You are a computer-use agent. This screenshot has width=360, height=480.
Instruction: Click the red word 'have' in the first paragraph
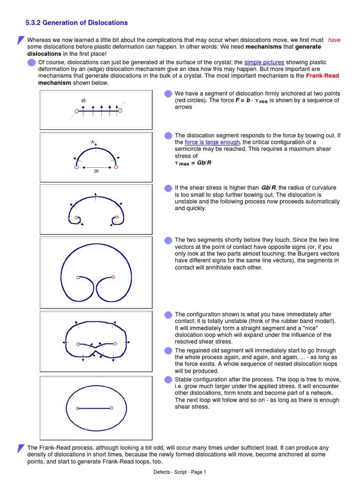[x=334, y=40]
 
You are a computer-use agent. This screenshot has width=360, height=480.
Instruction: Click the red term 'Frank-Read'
[x=322, y=76]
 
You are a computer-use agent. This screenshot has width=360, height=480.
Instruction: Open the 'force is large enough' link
[x=212, y=142]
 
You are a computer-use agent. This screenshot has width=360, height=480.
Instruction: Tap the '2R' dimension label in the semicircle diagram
[x=96, y=172]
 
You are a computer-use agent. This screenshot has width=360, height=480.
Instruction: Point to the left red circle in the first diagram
[x=76, y=111]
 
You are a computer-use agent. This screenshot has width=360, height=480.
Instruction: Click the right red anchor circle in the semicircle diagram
[x=116, y=166]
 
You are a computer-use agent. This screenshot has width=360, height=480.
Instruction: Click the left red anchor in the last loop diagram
[x=78, y=408]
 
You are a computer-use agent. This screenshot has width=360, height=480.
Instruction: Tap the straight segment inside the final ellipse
[x=95, y=408]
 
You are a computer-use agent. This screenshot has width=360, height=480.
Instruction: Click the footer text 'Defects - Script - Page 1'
[x=180, y=472]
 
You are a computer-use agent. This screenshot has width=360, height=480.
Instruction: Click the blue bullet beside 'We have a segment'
[x=168, y=94]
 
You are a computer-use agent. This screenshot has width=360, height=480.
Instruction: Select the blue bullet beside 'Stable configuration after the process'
[x=168, y=379]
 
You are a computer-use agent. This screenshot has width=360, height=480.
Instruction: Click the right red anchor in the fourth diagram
[x=113, y=277]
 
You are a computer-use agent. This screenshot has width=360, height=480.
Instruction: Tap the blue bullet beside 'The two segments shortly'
[x=168, y=240]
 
